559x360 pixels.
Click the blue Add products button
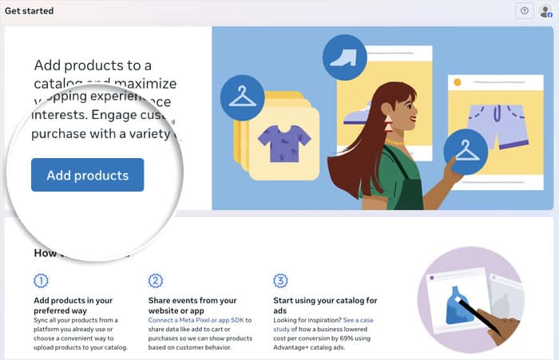tap(87, 175)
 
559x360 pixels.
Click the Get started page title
tap(30, 10)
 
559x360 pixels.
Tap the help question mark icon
tap(524, 10)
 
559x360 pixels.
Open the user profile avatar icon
tap(545, 10)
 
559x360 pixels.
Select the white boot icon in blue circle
tap(344, 57)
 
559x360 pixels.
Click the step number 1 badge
tap(41, 281)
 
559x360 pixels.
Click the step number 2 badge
tap(156, 281)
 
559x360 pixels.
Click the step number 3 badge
tap(280, 281)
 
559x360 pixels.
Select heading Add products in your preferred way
tap(73, 306)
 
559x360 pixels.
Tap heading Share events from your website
tap(192, 306)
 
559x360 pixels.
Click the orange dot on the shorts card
tap(458, 82)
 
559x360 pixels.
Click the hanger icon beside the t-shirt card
tap(242, 97)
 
